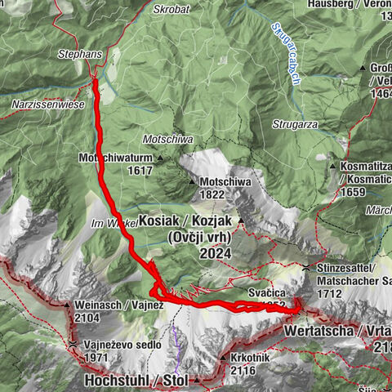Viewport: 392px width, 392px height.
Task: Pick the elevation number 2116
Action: [x=243, y=371]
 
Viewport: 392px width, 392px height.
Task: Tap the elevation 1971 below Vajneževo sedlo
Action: [x=103, y=358]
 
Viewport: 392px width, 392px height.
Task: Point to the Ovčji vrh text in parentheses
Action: [x=200, y=238]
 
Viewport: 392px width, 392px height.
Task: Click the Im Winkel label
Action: [x=106, y=222]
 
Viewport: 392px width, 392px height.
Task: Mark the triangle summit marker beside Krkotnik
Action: [x=222, y=358]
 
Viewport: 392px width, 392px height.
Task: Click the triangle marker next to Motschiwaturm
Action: [x=161, y=158]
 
